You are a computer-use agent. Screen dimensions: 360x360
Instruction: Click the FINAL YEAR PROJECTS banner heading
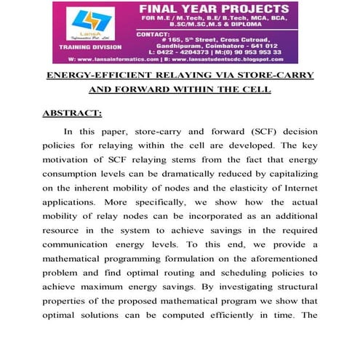tap(215, 9)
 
